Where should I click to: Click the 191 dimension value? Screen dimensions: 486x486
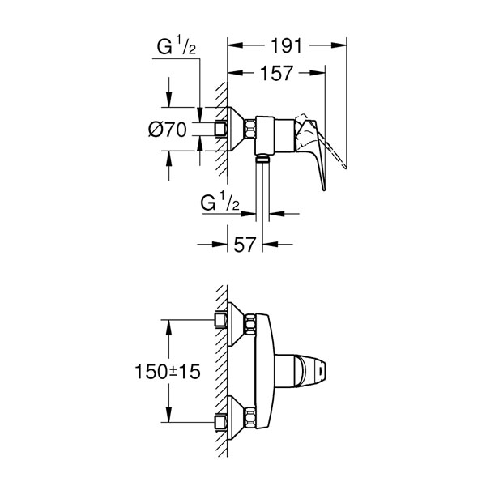(286, 46)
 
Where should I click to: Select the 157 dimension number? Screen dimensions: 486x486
(276, 73)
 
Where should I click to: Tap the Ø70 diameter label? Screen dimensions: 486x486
(168, 130)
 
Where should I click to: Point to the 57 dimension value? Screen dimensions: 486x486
(245, 245)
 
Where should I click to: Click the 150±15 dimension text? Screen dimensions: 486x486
(168, 371)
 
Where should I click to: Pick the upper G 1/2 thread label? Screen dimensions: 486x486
(177, 45)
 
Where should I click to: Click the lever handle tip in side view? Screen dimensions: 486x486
(323, 189)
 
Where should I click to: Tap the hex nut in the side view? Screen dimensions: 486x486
(250, 129)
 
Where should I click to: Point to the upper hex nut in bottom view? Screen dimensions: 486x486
(250, 324)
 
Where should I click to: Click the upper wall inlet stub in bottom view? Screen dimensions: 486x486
(221, 320)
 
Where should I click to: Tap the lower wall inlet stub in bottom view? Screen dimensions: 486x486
(221, 422)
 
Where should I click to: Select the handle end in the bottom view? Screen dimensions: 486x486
(320, 371)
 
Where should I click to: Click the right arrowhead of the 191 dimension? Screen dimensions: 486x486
(339, 45)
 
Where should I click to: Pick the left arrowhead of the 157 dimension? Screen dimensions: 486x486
(235, 73)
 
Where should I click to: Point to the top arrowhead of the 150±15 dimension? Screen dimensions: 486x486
(168, 327)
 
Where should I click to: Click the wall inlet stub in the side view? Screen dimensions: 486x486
(221, 129)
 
